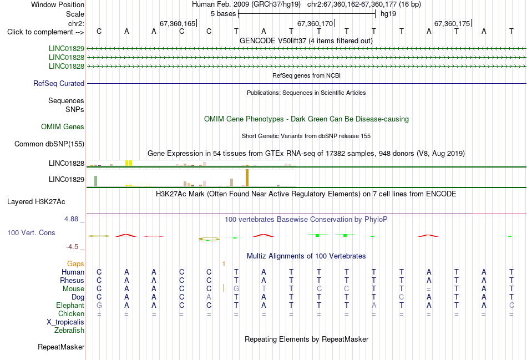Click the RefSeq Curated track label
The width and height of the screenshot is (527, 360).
click(59, 83)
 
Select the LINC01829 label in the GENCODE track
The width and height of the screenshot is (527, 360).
click(67, 48)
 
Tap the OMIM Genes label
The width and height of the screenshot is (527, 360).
click(63, 126)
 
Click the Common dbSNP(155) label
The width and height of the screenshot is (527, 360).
click(49, 144)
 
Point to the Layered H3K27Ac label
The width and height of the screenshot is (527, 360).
click(36, 202)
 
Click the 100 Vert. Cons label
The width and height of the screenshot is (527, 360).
click(31, 232)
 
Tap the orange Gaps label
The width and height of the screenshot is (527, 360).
click(75, 264)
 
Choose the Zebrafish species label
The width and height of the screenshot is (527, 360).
click(69, 331)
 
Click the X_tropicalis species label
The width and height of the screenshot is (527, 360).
click(65, 322)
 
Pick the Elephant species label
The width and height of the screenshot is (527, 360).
click(70, 306)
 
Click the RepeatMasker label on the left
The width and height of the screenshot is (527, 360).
click(61, 347)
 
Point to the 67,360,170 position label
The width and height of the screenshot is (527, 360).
click(315, 23)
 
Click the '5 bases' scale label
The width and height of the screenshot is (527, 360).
click(224, 14)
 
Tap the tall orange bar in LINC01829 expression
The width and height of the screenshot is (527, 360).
click(247, 178)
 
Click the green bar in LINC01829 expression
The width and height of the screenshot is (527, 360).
click(96, 181)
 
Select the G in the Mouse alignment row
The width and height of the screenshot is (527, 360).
click(236, 289)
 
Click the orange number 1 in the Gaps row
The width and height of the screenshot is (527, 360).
click(224, 264)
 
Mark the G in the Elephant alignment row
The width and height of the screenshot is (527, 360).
click(99, 306)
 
